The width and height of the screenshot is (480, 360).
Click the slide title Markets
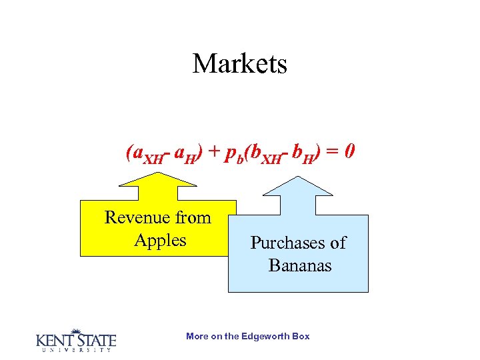239,64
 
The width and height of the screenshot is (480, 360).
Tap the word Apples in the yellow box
160,240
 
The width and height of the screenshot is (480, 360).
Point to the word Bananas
299,265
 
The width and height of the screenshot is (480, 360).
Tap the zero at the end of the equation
349,152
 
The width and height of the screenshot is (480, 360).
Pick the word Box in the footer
301,336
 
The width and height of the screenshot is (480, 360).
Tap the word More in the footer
197,336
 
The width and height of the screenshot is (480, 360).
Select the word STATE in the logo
95,340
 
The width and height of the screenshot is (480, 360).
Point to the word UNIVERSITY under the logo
75,350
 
